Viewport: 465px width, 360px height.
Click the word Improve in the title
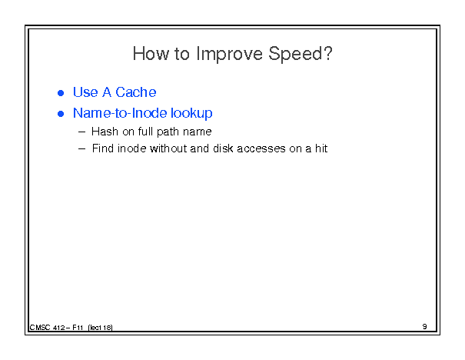[230, 55]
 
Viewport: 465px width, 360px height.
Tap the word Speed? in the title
[301, 54]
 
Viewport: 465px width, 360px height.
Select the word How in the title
[151, 54]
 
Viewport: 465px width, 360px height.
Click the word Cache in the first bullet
[135, 92]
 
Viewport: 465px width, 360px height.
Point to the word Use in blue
[85, 92]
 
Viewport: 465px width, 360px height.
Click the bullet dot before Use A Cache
[61, 93]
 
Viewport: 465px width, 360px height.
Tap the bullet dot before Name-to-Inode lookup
[61, 114]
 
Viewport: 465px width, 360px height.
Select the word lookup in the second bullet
[191, 114]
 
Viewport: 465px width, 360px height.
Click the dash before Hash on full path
[81, 132]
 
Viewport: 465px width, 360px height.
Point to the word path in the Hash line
[168, 132]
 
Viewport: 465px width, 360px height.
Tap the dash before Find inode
[81, 149]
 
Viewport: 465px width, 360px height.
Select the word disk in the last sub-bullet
[223, 148]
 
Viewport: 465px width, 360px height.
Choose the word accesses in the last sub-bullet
[261, 149]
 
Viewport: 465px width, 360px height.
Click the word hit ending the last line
[321, 148]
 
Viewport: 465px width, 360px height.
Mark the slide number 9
[425, 327]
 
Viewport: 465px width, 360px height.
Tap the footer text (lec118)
[100, 328]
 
